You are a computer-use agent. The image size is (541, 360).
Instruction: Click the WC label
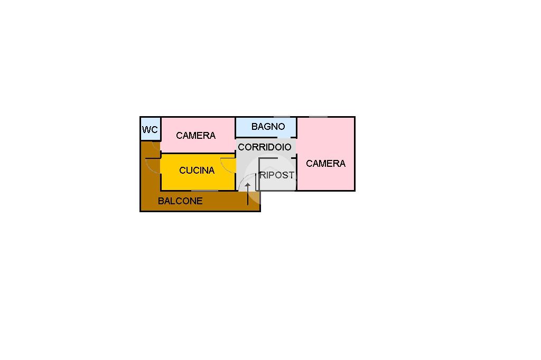[x=150, y=130]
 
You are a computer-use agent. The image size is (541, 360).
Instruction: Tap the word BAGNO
[x=268, y=127]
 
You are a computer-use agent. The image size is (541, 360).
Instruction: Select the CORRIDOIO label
[x=264, y=147]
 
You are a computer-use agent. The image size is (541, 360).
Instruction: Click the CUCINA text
[x=197, y=170]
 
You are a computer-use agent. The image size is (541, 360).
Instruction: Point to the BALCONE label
[x=180, y=201]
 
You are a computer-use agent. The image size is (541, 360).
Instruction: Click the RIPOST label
[x=277, y=175]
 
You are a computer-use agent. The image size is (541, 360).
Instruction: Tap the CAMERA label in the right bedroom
[x=325, y=164]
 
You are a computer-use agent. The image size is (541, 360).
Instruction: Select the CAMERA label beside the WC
[x=195, y=136]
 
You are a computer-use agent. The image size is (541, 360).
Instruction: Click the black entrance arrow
[x=247, y=193]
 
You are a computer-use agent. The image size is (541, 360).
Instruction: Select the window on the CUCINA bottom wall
[x=204, y=191]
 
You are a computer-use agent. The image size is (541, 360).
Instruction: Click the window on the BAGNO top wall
[x=281, y=117]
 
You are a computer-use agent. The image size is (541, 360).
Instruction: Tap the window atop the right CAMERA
[x=318, y=117]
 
